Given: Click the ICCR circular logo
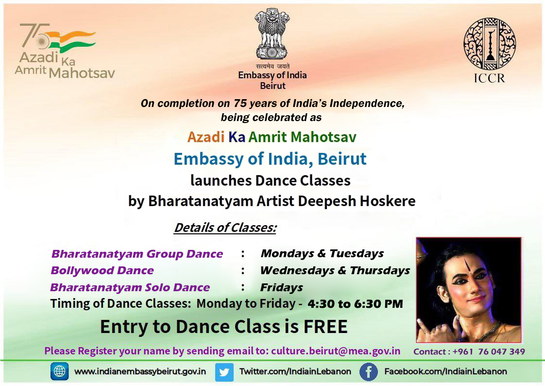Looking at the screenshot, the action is [x=490, y=43].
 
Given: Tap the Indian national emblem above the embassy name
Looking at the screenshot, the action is [x=272, y=34].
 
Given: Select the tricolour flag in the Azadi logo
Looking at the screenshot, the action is [x=71, y=41].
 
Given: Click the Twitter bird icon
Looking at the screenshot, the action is [x=224, y=372].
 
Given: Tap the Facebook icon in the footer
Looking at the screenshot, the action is [x=368, y=372].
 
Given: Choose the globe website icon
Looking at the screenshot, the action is [x=59, y=371].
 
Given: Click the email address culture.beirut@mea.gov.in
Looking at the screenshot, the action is [x=336, y=351].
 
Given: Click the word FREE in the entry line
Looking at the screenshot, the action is [x=325, y=327].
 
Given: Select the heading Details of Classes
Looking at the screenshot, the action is [x=225, y=228].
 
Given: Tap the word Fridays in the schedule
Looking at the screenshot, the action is [x=281, y=288].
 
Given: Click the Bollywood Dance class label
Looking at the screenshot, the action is [x=102, y=271].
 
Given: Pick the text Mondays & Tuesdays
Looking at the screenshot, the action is [x=322, y=253].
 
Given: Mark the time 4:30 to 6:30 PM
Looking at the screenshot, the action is [x=355, y=304].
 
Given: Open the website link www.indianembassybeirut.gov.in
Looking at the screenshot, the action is [x=140, y=371].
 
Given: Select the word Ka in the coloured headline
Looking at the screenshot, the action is [x=237, y=137].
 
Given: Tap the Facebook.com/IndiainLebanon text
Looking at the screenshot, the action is [x=445, y=371].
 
